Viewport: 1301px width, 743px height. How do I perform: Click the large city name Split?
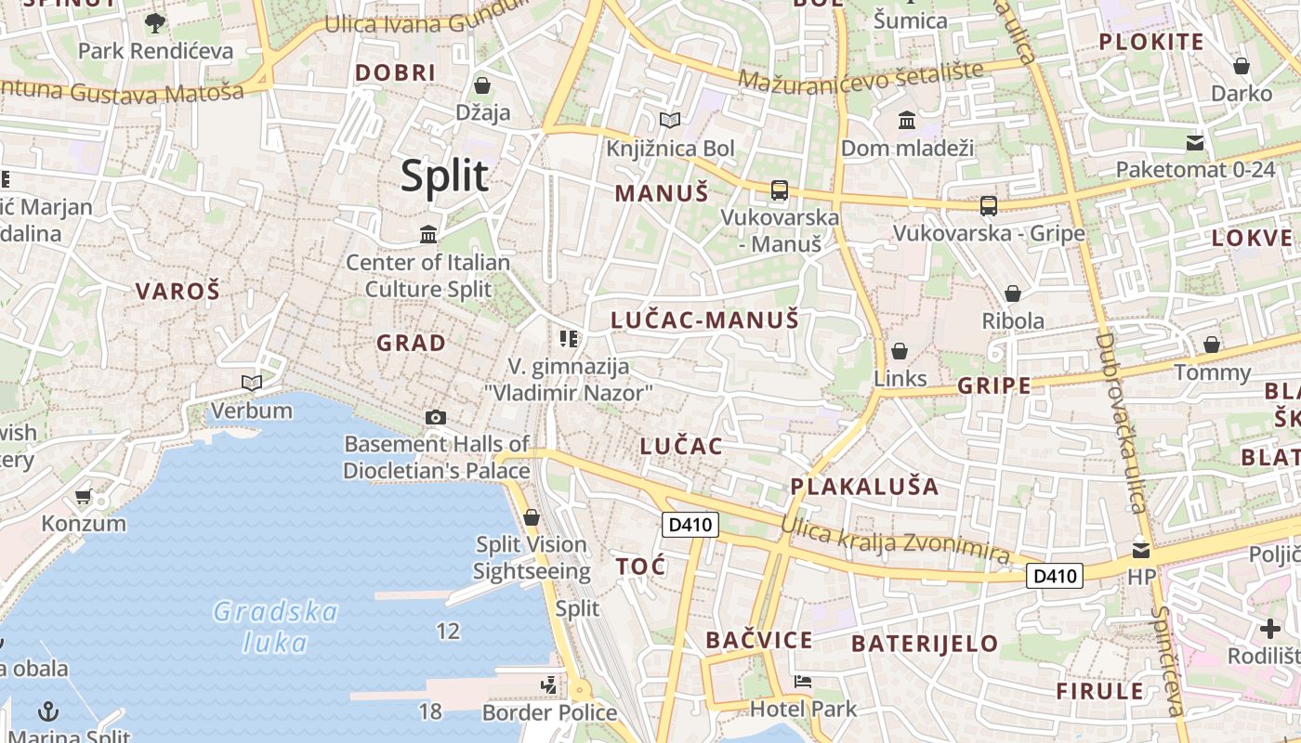[x=444, y=176]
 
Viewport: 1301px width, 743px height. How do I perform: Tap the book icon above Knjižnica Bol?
[x=669, y=120]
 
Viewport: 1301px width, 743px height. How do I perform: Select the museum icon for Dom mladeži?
[x=907, y=120]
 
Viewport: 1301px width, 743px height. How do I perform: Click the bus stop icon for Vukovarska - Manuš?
[x=779, y=190]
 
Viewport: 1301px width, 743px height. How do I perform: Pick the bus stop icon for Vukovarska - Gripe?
[x=989, y=206]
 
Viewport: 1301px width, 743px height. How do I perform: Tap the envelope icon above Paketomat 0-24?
[x=1194, y=143]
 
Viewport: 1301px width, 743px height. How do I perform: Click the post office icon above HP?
[x=1141, y=550]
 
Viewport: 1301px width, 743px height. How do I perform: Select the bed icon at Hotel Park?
[x=803, y=682]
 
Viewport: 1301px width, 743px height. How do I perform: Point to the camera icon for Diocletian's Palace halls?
[x=436, y=418]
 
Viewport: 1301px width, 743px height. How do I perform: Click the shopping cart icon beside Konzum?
[x=84, y=497]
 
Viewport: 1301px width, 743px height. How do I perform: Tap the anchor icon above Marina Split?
[x=48, y=711]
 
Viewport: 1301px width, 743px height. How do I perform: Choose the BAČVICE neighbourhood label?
[x=758, y=640]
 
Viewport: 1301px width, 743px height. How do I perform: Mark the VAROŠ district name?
[x=177, y=292]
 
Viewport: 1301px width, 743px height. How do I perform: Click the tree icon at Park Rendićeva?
[x=155, y=22]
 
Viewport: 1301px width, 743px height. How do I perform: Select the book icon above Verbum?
[x=251, y=383]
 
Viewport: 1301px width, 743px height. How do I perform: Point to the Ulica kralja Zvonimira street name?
[x=894, y=540]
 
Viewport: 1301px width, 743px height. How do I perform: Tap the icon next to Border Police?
[x=549, y=686]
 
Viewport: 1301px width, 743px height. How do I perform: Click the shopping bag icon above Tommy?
[x=1212, y=345]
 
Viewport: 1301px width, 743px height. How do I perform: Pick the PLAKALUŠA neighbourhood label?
[x=864, y=487]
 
